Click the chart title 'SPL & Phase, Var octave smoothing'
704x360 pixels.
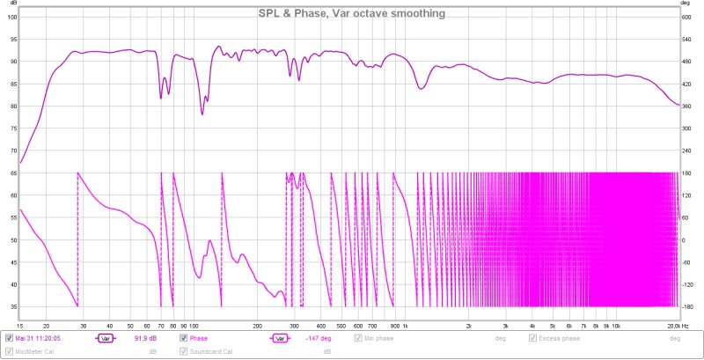point(351,13)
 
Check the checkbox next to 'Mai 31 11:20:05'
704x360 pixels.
point(10,338)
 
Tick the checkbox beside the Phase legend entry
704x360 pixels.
point(185,338)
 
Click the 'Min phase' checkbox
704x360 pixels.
point(358,338)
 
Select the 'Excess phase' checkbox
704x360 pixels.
point(533,338)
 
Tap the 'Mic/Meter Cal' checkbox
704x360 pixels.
point(10,352)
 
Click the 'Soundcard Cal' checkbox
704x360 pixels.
point(185,352)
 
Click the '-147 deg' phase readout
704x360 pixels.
point(318,338)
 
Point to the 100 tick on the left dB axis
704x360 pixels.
point(12,17)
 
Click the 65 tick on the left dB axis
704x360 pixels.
point(12,173)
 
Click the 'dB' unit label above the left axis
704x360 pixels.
point(11,4)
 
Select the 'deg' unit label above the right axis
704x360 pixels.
point(686,4)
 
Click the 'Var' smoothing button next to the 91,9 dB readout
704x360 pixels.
point(106,338)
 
